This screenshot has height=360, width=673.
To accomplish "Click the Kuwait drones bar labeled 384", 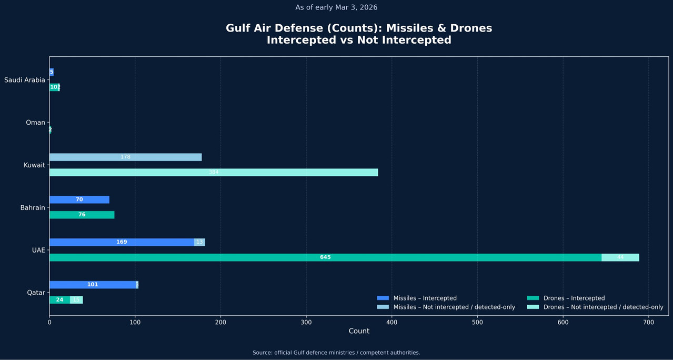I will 214,173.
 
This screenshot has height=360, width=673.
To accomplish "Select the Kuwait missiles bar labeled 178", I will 125,157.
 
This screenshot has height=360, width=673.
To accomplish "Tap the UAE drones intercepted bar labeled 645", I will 325,257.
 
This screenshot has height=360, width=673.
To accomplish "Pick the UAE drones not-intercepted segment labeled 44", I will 620,257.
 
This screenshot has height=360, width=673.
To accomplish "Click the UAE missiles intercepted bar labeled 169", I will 122,242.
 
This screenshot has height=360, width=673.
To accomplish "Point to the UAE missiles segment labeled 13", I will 199,242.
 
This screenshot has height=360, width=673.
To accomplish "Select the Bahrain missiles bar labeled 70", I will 79,199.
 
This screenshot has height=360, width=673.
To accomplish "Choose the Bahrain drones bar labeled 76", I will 82,215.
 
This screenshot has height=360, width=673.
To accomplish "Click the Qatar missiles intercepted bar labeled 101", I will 93,285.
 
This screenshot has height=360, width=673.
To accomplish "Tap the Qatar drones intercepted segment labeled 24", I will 59,300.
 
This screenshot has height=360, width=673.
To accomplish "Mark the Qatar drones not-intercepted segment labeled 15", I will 76,300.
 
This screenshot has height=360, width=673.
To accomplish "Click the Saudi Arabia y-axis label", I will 25,80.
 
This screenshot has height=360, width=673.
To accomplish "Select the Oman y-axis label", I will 35,123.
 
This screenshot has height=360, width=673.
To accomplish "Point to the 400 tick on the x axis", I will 391,322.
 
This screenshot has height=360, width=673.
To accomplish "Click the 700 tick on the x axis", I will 648,322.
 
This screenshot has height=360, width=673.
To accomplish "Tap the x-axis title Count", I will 359,331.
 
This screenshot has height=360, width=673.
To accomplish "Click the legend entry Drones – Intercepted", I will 574,298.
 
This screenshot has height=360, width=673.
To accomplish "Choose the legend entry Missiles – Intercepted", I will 425,298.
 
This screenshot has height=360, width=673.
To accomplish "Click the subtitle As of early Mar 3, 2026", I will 336,7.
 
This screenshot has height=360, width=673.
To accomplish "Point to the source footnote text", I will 336,353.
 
